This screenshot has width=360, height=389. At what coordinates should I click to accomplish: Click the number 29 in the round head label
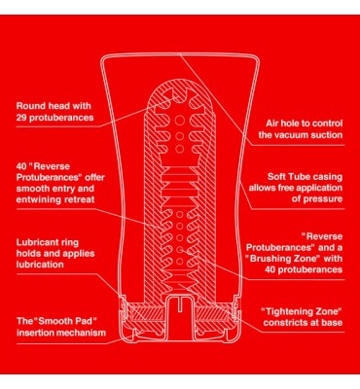click(21, 118)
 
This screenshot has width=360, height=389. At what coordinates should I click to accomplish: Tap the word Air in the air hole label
click(272, 124)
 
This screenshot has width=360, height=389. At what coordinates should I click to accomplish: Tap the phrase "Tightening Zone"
click(302, 312)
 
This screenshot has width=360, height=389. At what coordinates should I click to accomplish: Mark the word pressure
click(321, 199)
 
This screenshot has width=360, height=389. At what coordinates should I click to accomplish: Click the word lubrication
click(40, 265)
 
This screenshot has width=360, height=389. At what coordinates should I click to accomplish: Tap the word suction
click(330, 135)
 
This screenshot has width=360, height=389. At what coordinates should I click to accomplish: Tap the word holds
click(28, 254)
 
